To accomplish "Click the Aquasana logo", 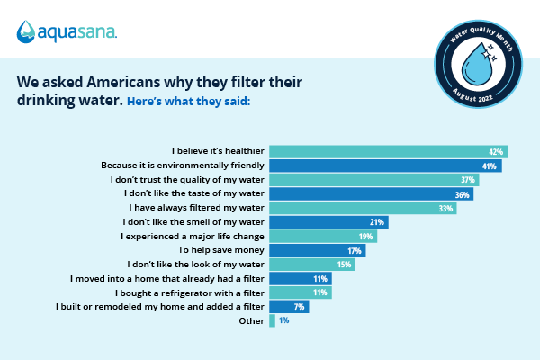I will [67, 33].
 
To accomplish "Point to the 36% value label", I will [462, 194].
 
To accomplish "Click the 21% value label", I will [378, 222].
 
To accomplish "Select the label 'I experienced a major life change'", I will [193, 236].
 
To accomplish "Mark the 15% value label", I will [343, 265].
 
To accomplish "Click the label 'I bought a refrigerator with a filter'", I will [190, 292].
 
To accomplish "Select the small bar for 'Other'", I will [272, 320].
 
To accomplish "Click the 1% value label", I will [284, 321].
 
